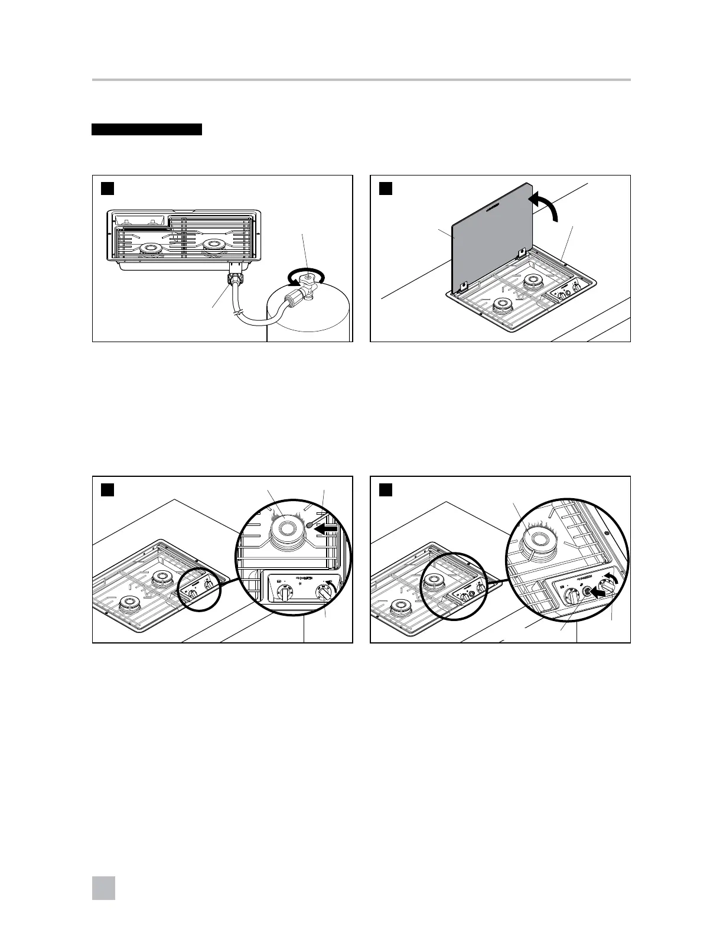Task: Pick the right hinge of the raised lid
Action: (x=522, y=254)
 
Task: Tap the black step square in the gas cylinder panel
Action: (x=107, y=188)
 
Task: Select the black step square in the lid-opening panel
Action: (x=385, y=188)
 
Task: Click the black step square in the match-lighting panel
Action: (x=107, y=490)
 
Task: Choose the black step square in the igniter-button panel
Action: (x=385, y=490)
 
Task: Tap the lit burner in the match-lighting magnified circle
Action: (x=285, y=525)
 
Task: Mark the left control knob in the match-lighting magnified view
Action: (x=285, y=593)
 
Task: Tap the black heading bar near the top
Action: (x=146, y=129)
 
